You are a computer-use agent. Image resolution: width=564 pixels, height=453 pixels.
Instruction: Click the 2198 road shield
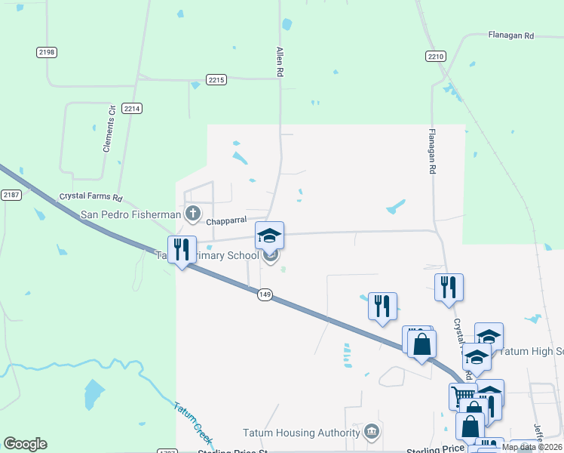[46, 51]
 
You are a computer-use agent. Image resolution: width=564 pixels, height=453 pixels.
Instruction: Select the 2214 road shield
[132, 109]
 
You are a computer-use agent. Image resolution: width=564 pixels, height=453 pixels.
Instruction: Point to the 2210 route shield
[436, 56]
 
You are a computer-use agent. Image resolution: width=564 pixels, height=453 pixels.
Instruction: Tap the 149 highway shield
[264, 294]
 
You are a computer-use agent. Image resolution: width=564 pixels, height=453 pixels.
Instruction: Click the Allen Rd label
[279, 62]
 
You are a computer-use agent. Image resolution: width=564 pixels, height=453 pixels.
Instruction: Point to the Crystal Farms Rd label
[90, 197]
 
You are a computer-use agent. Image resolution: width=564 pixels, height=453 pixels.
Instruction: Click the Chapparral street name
[227, 222]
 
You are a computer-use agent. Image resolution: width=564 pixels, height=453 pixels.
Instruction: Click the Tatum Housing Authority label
[301, 433]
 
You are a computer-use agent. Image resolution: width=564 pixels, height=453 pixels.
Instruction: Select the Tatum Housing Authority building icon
[371, 432]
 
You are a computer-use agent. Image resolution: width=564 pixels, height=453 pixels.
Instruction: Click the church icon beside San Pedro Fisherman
[193, 214]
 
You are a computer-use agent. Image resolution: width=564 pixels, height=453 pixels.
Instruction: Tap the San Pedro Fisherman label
[130, 214]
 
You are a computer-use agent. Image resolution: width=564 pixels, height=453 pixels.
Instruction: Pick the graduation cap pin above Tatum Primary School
[269, 236]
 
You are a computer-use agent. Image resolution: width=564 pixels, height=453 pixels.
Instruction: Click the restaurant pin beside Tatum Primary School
[182, 249]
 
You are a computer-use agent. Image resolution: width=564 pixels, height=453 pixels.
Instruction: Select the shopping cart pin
[463, 395]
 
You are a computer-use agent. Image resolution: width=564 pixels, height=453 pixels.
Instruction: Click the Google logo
[25, 444]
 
